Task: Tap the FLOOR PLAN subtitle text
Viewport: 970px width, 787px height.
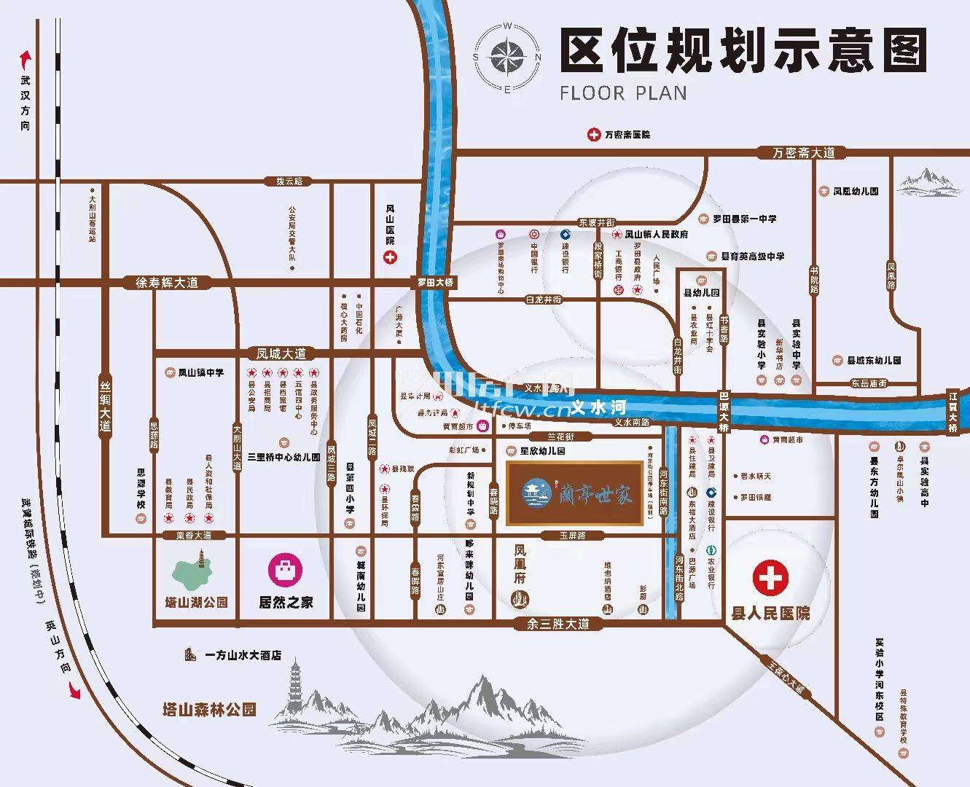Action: coord(623,93)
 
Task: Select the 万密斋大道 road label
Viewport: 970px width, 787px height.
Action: coord(804,153)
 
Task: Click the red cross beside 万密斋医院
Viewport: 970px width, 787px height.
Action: coord(594,135)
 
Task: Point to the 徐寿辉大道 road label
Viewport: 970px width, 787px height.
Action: coord(168,283)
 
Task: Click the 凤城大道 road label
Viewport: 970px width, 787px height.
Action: coord(282,353)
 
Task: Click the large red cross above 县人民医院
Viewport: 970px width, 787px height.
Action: coord(770,578)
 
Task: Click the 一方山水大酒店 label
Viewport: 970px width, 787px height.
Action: coord(243,655)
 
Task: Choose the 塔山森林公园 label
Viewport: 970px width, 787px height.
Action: coord(209,709)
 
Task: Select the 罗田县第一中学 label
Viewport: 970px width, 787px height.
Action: coord(743,219)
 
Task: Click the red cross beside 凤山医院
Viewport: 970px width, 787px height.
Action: coord(391,257)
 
